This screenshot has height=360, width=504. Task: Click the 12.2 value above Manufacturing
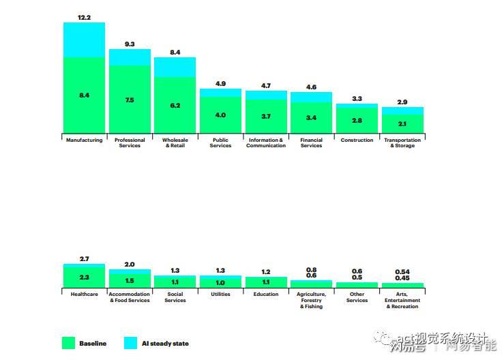click(84, 17)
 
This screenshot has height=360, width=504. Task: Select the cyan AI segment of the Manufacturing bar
click(84, 40)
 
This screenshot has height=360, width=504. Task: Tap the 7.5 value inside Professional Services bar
click(130, 100)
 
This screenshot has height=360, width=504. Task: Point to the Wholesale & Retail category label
click(175, 142)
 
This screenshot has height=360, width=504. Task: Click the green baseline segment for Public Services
click(220, 115)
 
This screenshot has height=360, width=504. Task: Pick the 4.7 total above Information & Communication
click(265, 86)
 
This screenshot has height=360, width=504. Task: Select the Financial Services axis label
click(311, 142)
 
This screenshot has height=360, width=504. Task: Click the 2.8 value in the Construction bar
click(357, 120)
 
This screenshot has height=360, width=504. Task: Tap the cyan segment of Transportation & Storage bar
click(402, 110)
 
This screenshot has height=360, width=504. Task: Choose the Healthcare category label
click(84, 295)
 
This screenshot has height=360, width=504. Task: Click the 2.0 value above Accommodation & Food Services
click(130, 264)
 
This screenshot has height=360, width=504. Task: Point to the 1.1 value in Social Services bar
click(175, 282)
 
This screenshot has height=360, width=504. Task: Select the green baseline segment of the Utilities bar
click(220, 283)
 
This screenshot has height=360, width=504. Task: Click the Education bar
click(265, 282)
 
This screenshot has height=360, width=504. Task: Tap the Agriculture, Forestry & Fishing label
click(311, 300)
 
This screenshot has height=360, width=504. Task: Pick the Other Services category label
click(357, 297)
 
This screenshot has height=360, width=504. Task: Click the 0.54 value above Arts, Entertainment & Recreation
click(402, 271)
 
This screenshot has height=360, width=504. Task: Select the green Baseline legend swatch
click(68, 343)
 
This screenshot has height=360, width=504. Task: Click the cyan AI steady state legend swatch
click(130, 343)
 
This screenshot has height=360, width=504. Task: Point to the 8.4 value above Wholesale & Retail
click(175, 52)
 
